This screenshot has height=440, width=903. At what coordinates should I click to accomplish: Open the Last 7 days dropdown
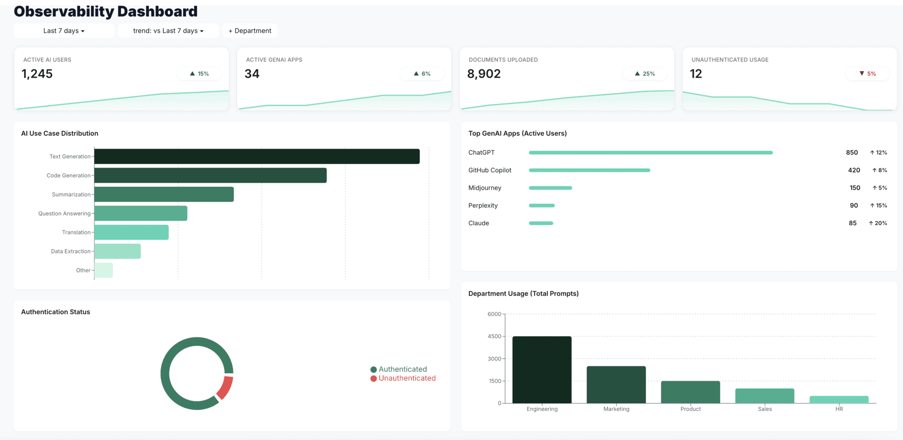(x=64, y=31)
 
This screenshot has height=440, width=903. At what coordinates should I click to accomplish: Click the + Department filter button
(x=250, y=31)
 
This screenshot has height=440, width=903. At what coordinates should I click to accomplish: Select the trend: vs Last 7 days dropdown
(x=168, y=31)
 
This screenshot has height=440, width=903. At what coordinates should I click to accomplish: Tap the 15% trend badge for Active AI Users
(x=199, y=74)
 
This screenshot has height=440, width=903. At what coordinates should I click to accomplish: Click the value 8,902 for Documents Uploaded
(x=483, y=74)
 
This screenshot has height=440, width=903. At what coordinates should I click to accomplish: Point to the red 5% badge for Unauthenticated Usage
(x=868, y=74)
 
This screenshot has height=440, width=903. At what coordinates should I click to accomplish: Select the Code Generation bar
(x=210, y=176)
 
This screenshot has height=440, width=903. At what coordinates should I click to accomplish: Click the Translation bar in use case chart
(x=131, y=232)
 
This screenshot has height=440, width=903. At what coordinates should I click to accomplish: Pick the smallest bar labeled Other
(x=103, y=270)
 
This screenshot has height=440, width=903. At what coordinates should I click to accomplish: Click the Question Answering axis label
(x=64, y=214)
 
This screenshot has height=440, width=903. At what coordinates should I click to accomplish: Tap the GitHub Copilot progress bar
(x=589, y=170)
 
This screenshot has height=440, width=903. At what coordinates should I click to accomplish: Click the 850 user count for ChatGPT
(x=852, y=152)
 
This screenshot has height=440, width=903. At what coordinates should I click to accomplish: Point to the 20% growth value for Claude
(x=878, y=223)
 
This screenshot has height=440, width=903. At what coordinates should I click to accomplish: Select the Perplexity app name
(x=483, y=206)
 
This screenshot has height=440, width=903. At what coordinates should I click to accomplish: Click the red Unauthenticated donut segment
(x=225, y=388)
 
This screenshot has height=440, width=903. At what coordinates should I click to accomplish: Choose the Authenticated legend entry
(x=398, y=369)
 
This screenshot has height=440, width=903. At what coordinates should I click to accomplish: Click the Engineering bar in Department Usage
(x=542, y=370)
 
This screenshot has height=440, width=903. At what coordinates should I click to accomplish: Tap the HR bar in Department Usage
(x=839, y=400)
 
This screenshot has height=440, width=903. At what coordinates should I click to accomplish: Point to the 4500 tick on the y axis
(x=494, y=336)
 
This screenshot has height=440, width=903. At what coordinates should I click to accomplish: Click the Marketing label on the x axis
(x=616, y=409)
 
